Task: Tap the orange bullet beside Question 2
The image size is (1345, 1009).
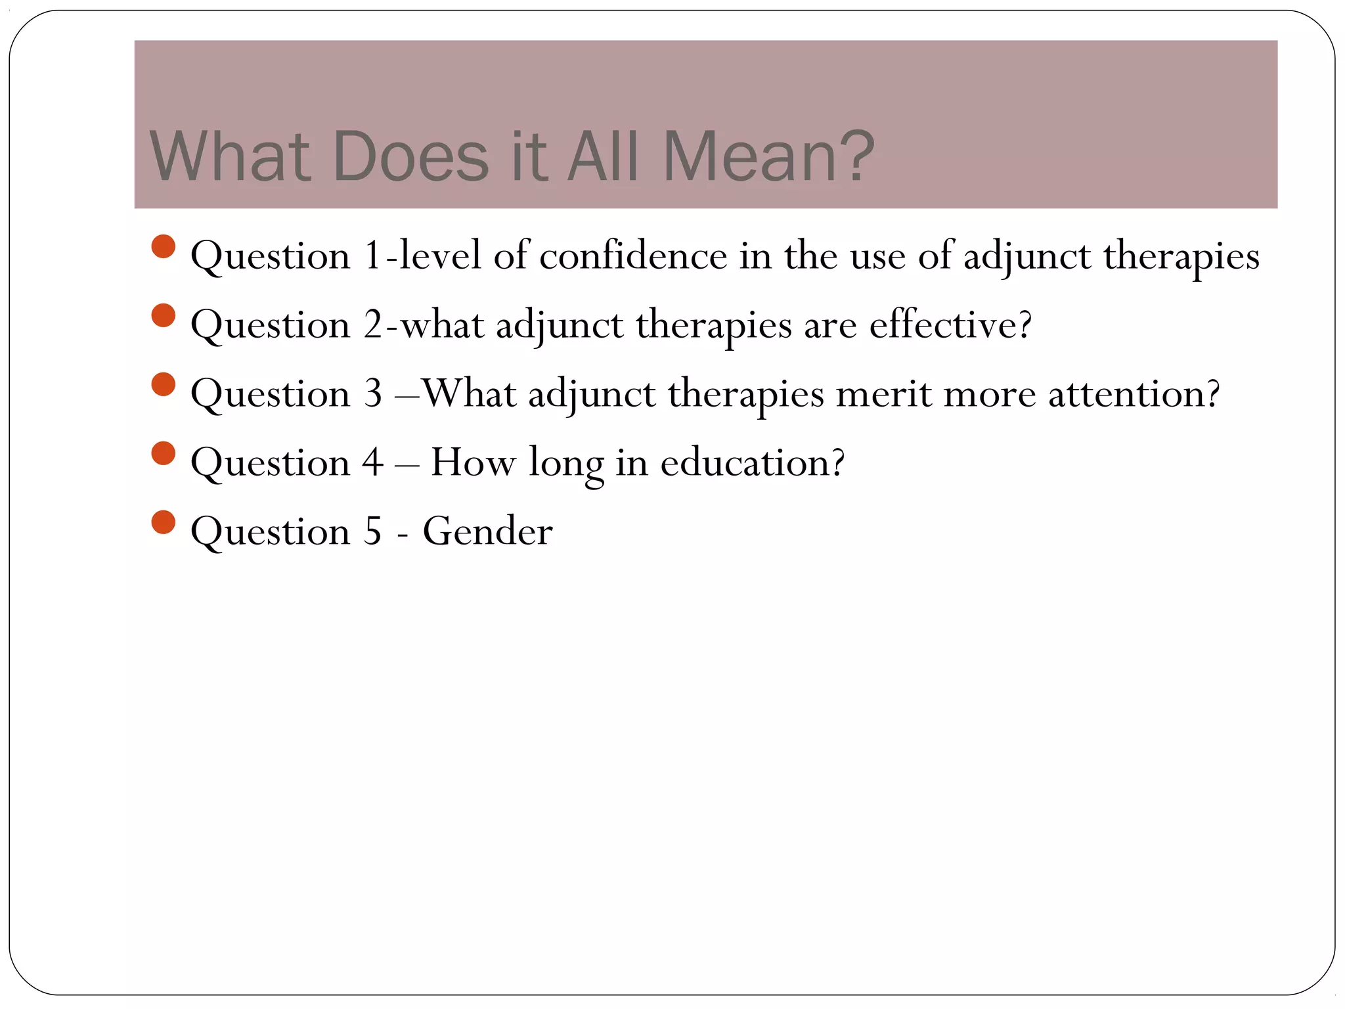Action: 163,315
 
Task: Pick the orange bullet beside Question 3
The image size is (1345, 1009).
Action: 163,384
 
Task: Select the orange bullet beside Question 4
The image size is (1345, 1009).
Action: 163,453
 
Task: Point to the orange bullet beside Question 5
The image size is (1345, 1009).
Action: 163,522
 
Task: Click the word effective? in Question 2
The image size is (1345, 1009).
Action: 950,325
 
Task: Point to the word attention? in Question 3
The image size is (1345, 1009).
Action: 1134,393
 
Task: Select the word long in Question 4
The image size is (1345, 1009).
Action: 566,464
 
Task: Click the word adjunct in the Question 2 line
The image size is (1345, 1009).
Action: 559,326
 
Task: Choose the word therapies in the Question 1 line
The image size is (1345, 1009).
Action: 1181,256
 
